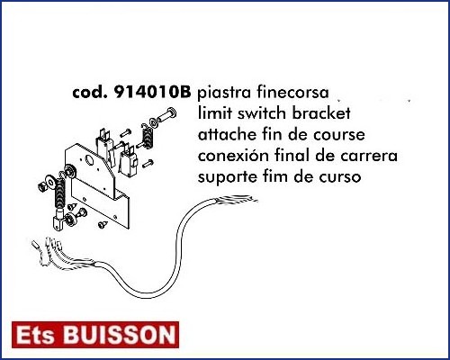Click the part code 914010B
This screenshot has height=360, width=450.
point(152,93)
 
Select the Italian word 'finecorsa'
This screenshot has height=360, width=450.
point(292,93)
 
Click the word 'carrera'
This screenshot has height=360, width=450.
point(369,156)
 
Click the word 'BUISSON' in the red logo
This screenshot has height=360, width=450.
point(120,335)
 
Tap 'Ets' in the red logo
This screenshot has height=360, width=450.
point(35,335)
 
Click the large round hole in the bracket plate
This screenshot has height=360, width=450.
point(90,160)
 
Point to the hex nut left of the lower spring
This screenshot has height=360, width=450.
point(41,187)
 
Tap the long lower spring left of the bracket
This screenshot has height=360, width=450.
point(60,194)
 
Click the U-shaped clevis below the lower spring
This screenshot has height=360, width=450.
point(58,222)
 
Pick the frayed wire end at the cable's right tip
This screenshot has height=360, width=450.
point(237,201)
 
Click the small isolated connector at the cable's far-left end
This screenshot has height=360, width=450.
point(35,244)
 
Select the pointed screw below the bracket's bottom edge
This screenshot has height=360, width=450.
point(103,224)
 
